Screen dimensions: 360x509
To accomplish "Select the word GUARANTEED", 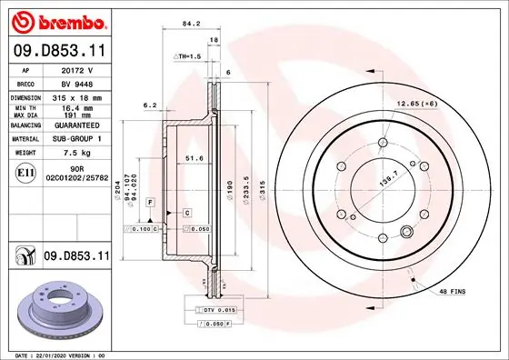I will click(77, 125).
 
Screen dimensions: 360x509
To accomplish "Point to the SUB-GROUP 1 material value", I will click(77, 139).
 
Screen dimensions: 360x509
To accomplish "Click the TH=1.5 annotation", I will click(187, 56).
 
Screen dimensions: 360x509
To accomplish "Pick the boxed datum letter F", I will click(149, 200).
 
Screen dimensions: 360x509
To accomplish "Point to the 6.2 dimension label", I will click(150, 105).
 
